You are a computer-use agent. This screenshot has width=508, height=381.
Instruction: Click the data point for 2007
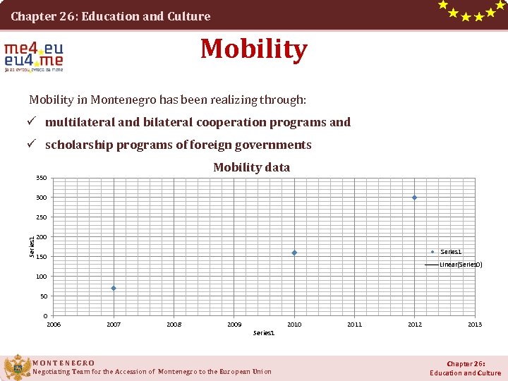pyautogui.click(x=113, y=288)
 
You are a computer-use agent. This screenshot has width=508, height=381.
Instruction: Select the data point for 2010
pyautogui.click(x=294, y=253)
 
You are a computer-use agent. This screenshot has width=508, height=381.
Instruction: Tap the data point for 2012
pyautogui.click(x=414, y=198)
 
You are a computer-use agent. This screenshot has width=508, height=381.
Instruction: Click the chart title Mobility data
pyautogui.click(x=251, y=167)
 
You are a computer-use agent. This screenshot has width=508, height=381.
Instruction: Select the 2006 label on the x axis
pyautogui.click(x=54, y=325)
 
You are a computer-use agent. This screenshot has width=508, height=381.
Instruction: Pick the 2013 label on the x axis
pyautogui.click(x=475, y=325)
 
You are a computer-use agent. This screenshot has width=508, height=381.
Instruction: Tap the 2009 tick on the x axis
pyautogui.click(x=234, y=325)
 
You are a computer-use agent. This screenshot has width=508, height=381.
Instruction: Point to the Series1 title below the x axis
pyautogui.click(x=263, y=332)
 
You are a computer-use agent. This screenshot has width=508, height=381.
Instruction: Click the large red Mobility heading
pyautogui.click(x=253, y=49)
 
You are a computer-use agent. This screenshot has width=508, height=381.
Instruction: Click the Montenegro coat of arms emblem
pyautogui.click(x=16, y=368)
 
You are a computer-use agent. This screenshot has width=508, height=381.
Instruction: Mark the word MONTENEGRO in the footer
pyautogui.click(x=64, y=363)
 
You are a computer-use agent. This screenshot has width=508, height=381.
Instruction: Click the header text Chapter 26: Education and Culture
pyautogui.click(x=110, y=16)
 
